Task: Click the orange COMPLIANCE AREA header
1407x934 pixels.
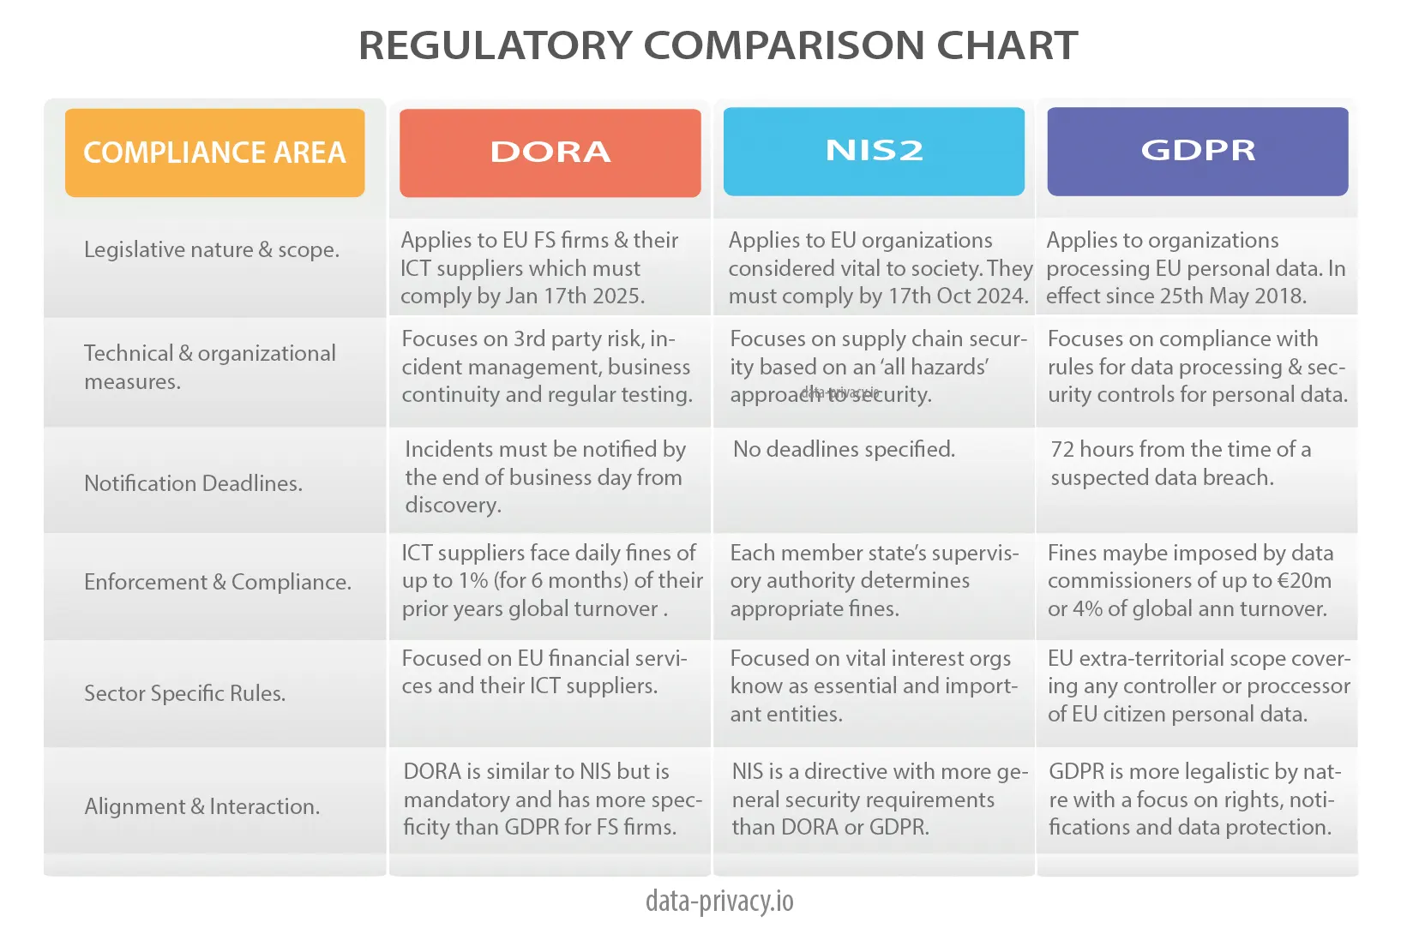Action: coord(214,153)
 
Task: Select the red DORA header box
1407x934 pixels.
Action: coord(550,153)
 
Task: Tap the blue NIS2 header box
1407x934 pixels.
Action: coord(874,151)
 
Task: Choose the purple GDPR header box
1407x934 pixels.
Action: coord(1197,151)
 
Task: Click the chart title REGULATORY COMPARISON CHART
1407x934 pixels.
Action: coord(718,45)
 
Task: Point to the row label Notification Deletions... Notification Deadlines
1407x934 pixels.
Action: coord(193,483)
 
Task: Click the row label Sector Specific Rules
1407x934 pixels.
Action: coord(184,693)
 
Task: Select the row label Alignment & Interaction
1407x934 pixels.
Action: coord(201,806)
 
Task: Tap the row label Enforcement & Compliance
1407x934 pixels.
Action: coord(217,582)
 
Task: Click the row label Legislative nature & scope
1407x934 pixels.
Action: coord(211,249)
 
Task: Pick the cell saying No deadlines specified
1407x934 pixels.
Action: coord(844,449)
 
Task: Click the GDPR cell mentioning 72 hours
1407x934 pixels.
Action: coord(1180,463)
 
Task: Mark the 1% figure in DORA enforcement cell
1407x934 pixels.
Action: coord(472,581)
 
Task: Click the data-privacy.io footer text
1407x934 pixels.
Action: coord(719,901)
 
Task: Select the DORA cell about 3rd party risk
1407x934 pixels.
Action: coord(547,367)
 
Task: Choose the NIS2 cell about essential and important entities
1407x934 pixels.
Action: coord(873,686)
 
